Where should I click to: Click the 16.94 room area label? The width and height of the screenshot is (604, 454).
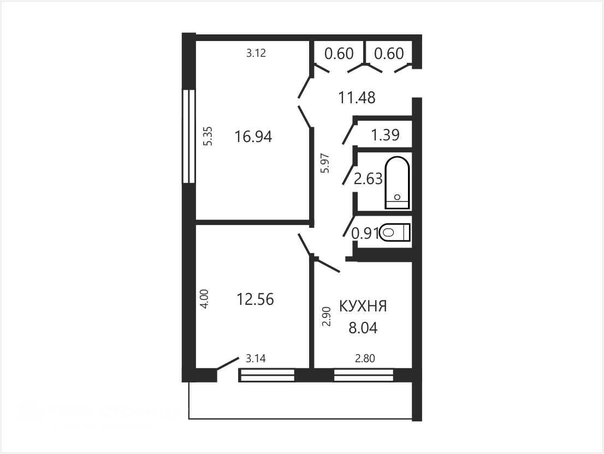pos(253,137)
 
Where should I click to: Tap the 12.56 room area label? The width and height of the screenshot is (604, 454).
pos(255,299)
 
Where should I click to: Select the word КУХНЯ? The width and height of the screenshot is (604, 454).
pos(363,306)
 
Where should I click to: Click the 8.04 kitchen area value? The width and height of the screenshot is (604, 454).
pos(363,328)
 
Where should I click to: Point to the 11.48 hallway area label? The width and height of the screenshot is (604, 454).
pos(357,97)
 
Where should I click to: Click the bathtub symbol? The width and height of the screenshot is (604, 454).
pos(397,182)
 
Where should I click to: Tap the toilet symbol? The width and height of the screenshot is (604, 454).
pos(395,232)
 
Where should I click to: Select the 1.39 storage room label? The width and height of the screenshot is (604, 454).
pos(385,135)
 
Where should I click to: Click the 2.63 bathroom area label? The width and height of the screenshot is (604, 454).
pos(368,179)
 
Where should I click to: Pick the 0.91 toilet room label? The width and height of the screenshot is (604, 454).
pos(365,233)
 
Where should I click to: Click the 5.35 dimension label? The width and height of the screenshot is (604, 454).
pos(208,136)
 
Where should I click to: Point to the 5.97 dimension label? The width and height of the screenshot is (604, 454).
pos(325,163)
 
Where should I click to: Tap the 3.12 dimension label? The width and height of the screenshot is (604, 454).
pos(256,53)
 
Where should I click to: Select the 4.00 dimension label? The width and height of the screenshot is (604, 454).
pos(205,299)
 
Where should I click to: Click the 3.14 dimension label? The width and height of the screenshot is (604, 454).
pos(256,358)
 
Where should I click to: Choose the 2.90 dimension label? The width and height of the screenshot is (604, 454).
pos(327,317)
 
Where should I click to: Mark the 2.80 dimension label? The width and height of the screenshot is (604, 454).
pos(365,358)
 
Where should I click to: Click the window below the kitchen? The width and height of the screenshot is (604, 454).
pos(364,375)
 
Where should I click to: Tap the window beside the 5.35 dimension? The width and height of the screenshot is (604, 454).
pos(189,136)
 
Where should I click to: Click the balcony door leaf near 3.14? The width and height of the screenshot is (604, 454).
pos(228,364)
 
